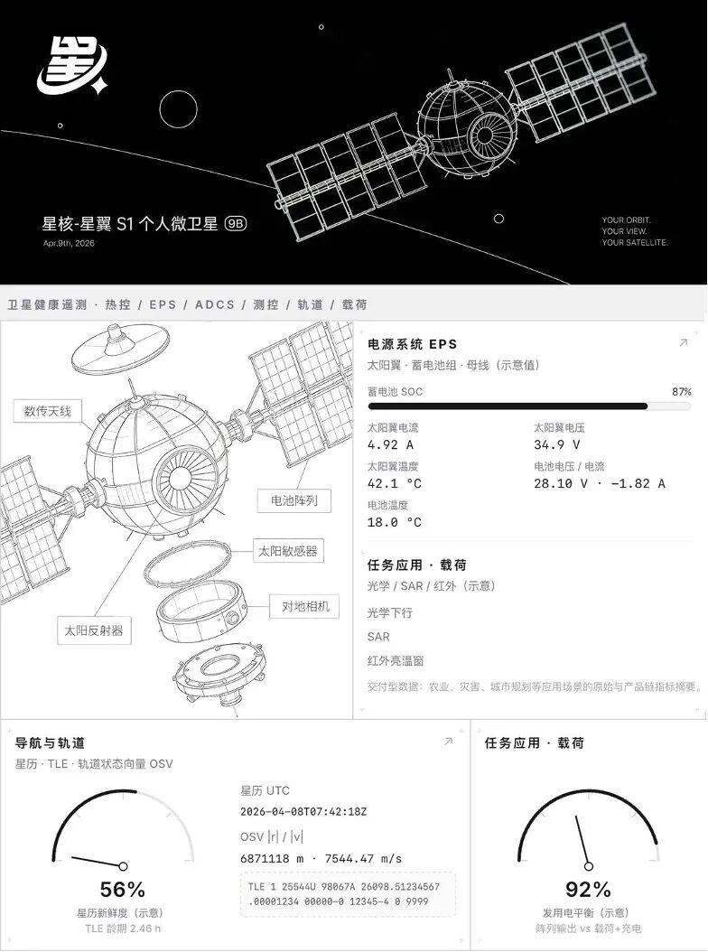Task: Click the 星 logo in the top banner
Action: tap(71, 66)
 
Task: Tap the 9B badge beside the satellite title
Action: tap(236, 223)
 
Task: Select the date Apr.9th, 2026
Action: tap(69, 244)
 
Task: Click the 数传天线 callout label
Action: tap(47, 411)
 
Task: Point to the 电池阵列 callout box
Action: tap(293, 501)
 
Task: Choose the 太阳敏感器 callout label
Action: tap(288, 551)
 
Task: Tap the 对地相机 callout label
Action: tap(305, 607)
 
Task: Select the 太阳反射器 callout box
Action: tap(94, 630)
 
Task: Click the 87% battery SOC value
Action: tap(681, 392)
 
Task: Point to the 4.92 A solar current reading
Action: tap(390, 444)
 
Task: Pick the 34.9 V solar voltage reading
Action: tap(557, 444)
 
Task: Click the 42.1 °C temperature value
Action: tap(394, 483)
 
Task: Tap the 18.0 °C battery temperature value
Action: tap(394, 522)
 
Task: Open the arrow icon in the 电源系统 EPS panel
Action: tap(683, 343)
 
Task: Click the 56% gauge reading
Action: tap(122, 890)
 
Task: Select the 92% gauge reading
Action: tap(588, 890)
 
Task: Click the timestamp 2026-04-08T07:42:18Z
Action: tap(303, 812)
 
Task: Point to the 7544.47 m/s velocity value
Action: tap(363, 858)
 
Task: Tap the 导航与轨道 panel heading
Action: tap(50, 743)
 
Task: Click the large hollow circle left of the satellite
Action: tap(178, 109)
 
